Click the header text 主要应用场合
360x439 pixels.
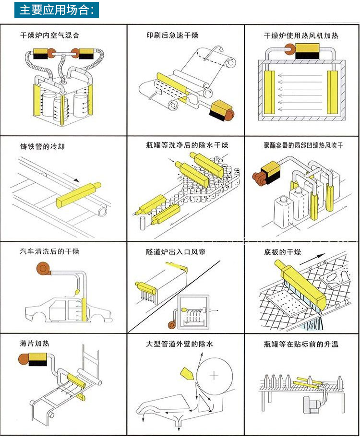pyautogui.click(x=57, y=9)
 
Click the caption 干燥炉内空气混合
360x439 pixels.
pyautogui.click(x=49, y=35)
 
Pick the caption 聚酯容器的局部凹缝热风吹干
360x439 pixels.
pyautogui.click(x=303, y=145)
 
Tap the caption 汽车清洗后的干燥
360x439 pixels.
pyautogui.click(x=49, y=252)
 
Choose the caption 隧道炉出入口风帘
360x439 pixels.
pyautogui.click(x=176, y=252)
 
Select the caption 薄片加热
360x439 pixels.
pyautogui.click(x=35, y=344)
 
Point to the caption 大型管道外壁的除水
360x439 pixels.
pyautogui.click(x=180, y=344)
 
